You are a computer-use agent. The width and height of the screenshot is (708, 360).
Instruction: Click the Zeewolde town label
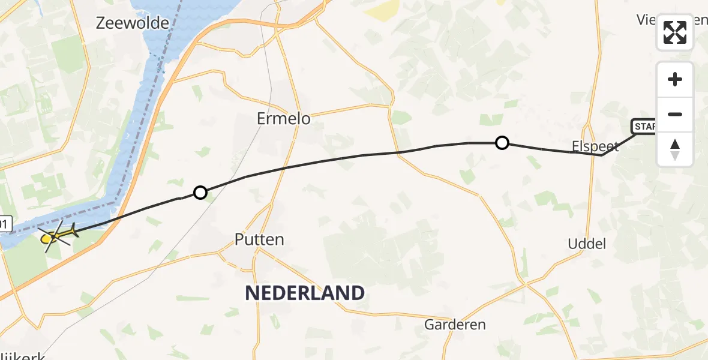124,23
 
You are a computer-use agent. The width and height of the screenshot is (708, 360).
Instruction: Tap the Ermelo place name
284,119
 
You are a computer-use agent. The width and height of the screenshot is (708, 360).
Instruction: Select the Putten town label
260,240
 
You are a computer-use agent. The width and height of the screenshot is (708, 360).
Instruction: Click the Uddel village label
586,244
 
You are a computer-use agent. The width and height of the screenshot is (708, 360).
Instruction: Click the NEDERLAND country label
305,293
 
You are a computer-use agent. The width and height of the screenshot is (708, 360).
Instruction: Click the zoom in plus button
675,79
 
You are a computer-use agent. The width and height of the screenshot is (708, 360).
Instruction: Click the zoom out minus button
675,114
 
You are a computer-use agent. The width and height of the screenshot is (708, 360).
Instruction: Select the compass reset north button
675,149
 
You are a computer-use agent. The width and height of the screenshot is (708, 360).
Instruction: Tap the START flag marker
643,127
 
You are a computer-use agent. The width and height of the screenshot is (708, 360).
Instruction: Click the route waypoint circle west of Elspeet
502,143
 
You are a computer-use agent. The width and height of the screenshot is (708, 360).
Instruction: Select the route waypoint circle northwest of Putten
200,193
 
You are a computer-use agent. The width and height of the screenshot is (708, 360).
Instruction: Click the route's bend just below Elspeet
602,155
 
